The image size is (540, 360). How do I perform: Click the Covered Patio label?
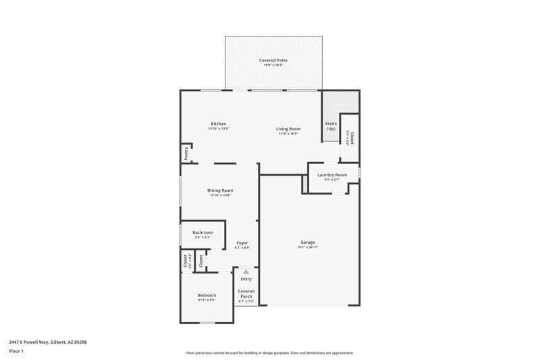tap(273, 61)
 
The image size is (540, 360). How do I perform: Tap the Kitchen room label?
tap(219, 124)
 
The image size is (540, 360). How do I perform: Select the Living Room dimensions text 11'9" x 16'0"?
tap(288, 134)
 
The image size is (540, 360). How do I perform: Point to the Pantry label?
tap(186, 153)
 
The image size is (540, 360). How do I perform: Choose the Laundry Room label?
tap(332, 175)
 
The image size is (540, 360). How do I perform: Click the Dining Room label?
tap(220, 190)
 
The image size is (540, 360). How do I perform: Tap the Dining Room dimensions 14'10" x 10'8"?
tap(220, 196)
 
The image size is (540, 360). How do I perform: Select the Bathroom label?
tap(202, 232)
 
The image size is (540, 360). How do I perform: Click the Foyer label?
tap(242, 242)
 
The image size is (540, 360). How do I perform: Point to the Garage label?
tap(308, 242)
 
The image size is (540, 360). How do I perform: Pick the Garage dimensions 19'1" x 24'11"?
tap(308, 247)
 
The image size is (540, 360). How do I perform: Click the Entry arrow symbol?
tap(246, 272)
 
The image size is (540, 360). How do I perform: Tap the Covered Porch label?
tap(246, 292)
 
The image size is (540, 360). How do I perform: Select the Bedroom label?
tap(207, 295)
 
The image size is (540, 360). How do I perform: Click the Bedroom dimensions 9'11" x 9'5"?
tap(207, 301)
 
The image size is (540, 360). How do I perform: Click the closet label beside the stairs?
tap(351, 138)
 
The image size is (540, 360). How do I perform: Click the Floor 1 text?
tap(17, 351)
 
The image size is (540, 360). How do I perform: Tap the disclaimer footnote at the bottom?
tap(269, 353)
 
